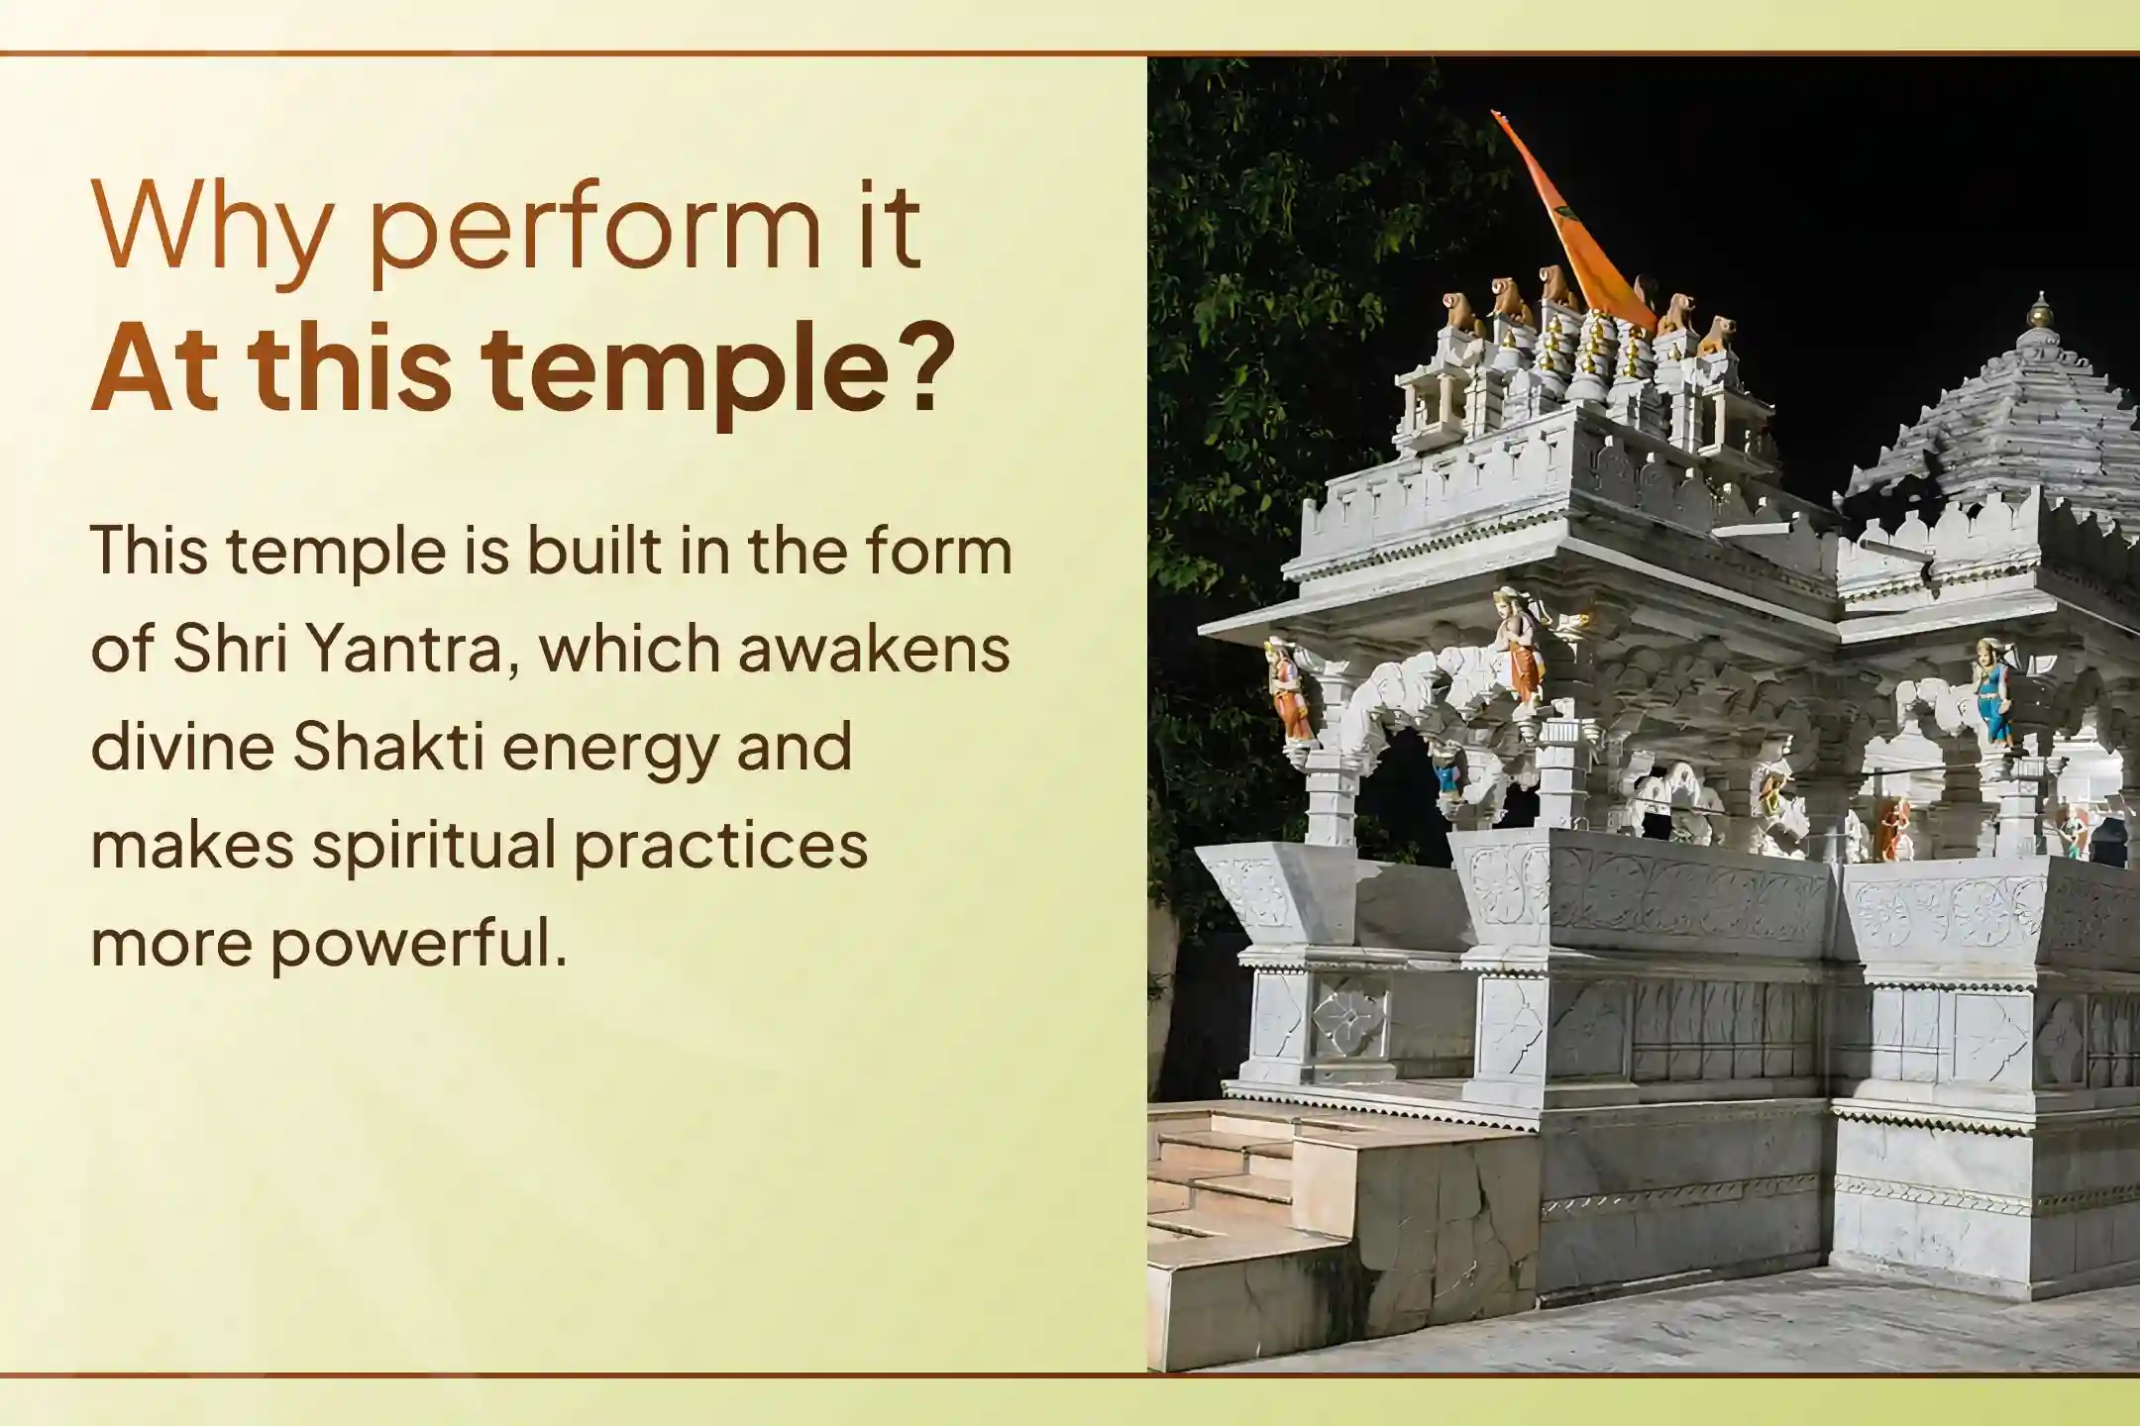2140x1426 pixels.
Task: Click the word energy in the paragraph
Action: [x=609, y=748]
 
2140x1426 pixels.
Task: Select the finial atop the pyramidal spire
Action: [x=2039, y=312]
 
